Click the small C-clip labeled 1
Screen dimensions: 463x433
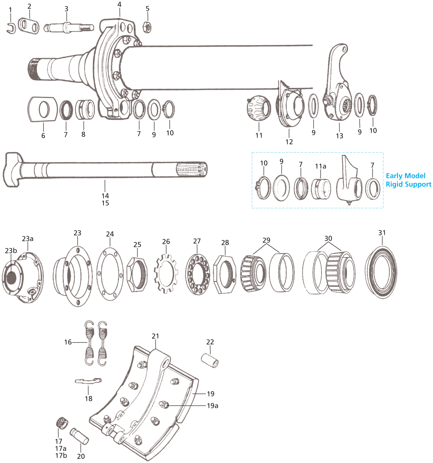(11, 28)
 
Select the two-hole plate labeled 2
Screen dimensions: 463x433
(29, 25)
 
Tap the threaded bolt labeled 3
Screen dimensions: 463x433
(68, 28)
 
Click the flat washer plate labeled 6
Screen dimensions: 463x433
(42, 109)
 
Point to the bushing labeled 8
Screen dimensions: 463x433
(85, 110)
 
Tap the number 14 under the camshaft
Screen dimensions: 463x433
(105, 196)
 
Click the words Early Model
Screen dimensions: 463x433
(406, 176)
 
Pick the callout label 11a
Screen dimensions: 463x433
(320, 166)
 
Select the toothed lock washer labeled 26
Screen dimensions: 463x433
(166, 273)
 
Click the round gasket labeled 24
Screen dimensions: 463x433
(110, 270)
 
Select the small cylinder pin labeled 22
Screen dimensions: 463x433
(210, 360)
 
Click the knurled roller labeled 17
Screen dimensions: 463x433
(60, 423)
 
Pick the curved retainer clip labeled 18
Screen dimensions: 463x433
(88, 381)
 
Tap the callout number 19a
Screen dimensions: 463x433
(212, 406)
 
